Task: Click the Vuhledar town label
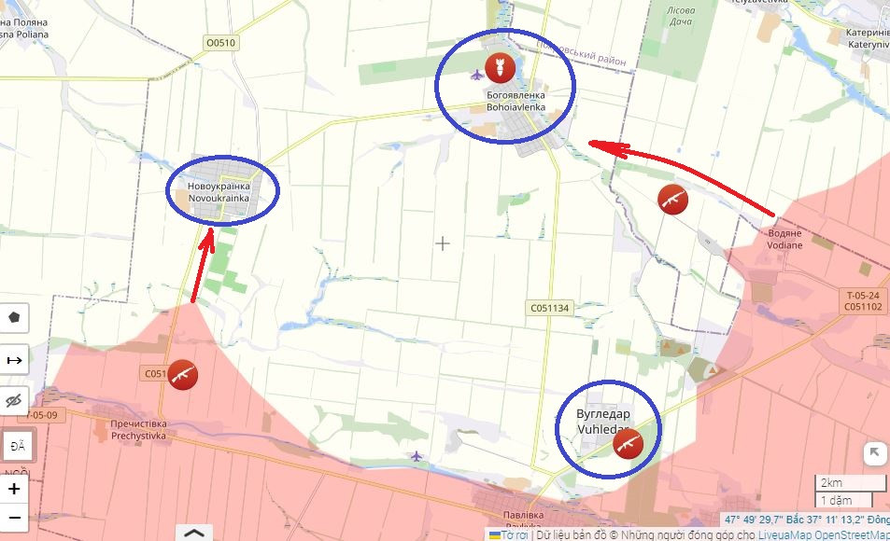coord(603,421)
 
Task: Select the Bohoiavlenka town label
coord(516,101)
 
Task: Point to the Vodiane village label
coord(784,239)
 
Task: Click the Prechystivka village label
coord(137,429)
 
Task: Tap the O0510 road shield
coord(221,42)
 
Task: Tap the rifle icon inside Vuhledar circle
coord(629,444)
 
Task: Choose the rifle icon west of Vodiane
coord(673,199)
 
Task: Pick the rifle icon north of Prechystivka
coord(183,374)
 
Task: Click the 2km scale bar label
coord(830,483)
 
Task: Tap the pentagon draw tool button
coord(14,317)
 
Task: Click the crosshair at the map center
coord(443,243)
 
